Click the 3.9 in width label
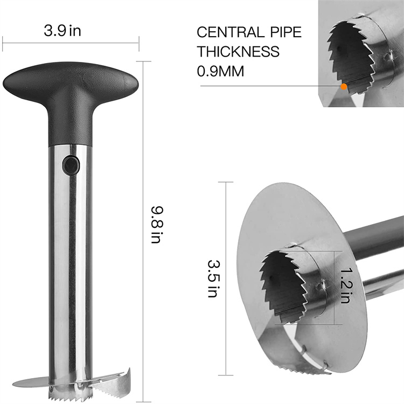(x=62, y=31)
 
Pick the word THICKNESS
(x=238, y=52)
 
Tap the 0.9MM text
(x=220, y=71)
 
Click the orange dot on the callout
(x=343, y=86)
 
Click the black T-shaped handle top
(x=71, y=81)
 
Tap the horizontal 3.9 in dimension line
(x=71, y=43)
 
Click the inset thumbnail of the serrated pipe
(x=360, y=54)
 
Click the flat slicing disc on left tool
(x=32, y=384)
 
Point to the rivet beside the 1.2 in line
(x=323, y=284)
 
